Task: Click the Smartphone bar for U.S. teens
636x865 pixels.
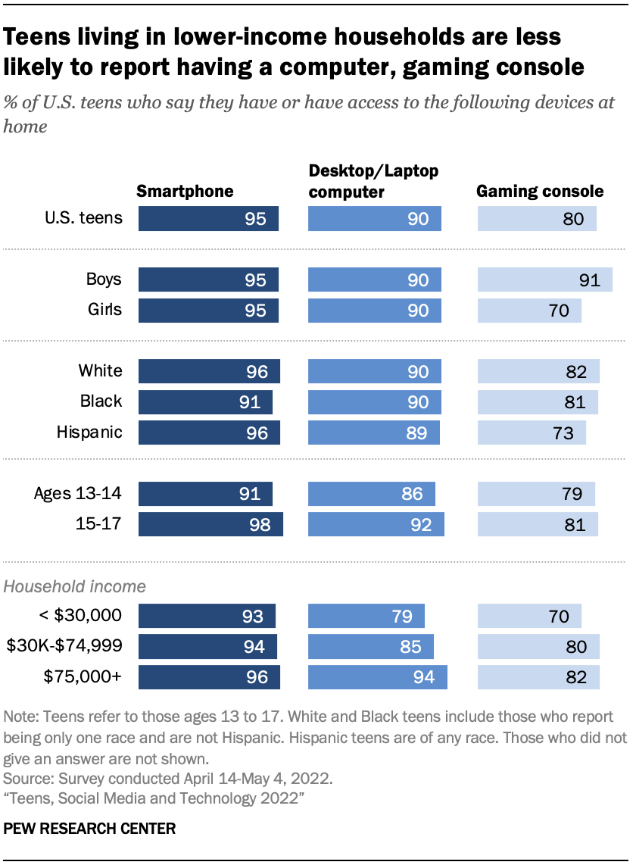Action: pyautogui.click(x=207, y=219)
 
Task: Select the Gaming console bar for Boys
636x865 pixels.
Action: pyautogui.click(x=544, y=279)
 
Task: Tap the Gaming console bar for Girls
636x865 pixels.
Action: pyautogui.click(x=529, y=311)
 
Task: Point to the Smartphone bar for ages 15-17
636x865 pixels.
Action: pyautogui.click(x=210, y=525)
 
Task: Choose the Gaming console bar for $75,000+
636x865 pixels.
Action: pyautogui.click(x=538, y=677)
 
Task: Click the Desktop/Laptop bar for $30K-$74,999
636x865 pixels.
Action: pyautogui.click(x=371, y=647)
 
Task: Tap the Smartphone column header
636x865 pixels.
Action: pyautogui.click(x=185, y=192)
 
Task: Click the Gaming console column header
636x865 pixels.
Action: pyautogui.click(x=539, y=192)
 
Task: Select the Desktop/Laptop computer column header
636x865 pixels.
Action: pyautogui.click(x=373, y=182)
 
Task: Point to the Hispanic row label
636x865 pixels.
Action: pyautogui.click(x=89, y=433)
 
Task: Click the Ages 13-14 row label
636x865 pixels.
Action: pyautogui.click(x=77, y=494)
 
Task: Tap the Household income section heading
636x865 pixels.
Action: pyautogui.click(x=75, y=586)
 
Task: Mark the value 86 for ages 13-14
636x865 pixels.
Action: pyautogui.click(x=413, y=495)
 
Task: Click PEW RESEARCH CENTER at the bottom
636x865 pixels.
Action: pyautogui.click(x=89, y=829)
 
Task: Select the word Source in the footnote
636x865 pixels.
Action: pyautogui.click(x=26, y=779)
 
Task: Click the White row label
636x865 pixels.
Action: pyautogui.click(x=100, y=371)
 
